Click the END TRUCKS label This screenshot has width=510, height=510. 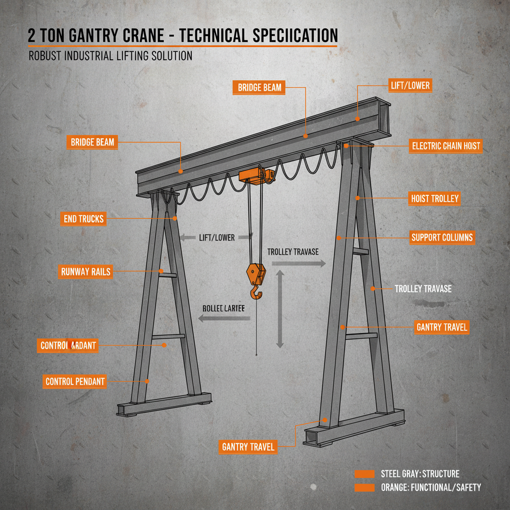pyautogui.click(x=84, y=219)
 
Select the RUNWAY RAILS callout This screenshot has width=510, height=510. pyautogui.click(x=86, y=272)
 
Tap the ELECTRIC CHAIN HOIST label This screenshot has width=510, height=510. pyautogui.click(x=446, y=146)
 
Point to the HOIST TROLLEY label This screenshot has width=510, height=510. pyautogui.click(x=434, y=199)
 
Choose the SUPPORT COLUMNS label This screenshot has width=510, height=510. pyautogui.click(x=442, y=238)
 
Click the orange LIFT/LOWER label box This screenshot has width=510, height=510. pyautogui.click(x=410, y=86)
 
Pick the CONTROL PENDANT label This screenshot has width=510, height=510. pyautogui.click(x=75, y=382)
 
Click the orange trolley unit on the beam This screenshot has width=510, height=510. pyautogui.click(x=257, y=175)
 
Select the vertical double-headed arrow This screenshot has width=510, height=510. pyautogui.click(x=280, y=309)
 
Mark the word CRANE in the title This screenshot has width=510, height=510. pyautogui.click(x=141, y=35)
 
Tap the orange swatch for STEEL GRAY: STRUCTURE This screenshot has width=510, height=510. pyautogui.click(x=364, y=474)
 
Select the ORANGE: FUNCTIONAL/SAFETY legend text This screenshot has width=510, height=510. pyautogui.click(x=431, y=488)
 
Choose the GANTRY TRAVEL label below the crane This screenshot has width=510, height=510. pyautogui.click(x=248, y=447)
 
